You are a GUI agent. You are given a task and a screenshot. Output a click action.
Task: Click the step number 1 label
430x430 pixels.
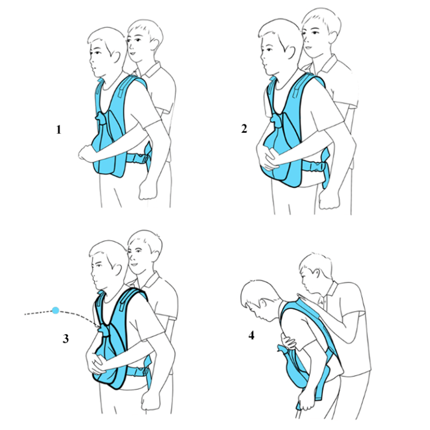[x=58, y=130]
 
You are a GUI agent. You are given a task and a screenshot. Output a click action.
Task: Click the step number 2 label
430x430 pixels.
[x=244, y=129]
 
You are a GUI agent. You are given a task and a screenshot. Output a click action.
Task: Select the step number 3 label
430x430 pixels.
[x=66, y=338]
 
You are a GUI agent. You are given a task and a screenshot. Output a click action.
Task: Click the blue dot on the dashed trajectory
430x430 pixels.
[x=55, y=310]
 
